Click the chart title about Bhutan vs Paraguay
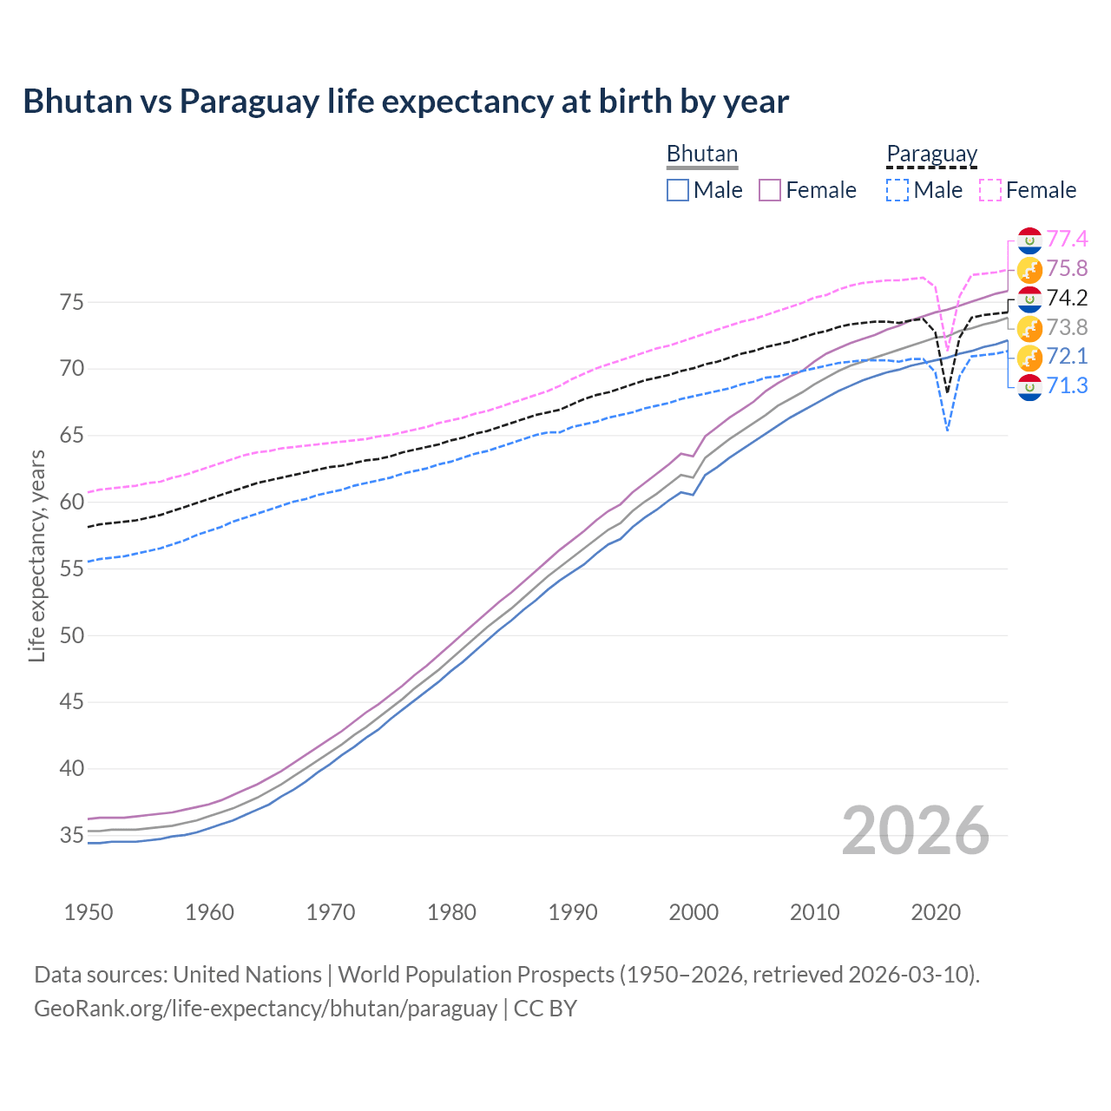click(405, 102)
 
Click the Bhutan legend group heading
click(701, 154)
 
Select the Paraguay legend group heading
click(931, 154)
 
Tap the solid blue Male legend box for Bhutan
click(678, 190)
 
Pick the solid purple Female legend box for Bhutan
click(770, 190)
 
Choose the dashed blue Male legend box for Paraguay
click(897, 190)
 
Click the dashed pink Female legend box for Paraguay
click(990, 190)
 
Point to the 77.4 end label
click(1067, 239)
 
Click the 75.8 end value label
click(1067, 268)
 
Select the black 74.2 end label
click(1067, 298)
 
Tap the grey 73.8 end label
click(1067, 327)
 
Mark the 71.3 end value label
click(1067, 385)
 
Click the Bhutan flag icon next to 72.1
click(1029, 357)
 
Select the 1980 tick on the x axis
click(451, 912)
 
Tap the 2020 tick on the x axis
click(936, 912)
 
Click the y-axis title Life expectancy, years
click(36, 555)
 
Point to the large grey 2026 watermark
click(915, 831)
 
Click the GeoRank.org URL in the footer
click(265, 1009)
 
